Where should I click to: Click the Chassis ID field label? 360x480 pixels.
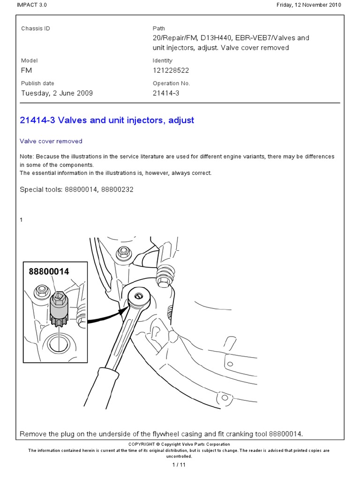coord(35,29)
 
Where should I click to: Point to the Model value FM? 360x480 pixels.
coord(26,70)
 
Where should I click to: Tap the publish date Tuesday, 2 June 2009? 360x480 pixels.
coord(57,93)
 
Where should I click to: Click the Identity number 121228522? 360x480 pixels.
coord(171,70)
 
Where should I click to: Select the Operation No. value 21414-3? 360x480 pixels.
coord(166,93)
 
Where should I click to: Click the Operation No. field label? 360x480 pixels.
coord(171,83)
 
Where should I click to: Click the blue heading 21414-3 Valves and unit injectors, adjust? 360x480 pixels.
coord(107,120)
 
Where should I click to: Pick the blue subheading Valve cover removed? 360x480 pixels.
coord(51,141)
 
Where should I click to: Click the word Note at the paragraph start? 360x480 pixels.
coord(26,157)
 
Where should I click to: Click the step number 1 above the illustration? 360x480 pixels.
coord(22,219)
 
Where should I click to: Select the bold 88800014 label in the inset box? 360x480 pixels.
coord(49,271)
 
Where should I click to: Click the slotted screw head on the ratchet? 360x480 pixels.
coord(138,296)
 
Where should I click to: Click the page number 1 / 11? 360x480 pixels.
coord(180,465)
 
